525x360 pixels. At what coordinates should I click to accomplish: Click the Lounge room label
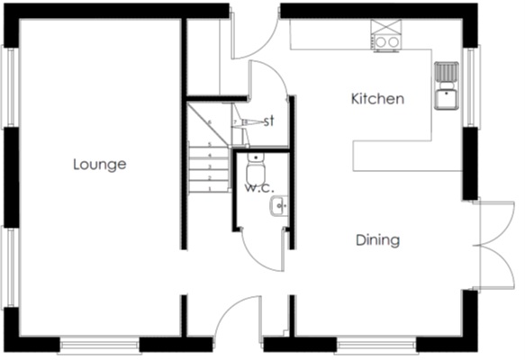pos(99,165)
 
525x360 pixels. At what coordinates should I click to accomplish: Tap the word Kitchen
pos(376,99)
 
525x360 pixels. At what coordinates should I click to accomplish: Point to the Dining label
pos(377,240)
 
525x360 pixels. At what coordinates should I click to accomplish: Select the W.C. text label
pos(258,188)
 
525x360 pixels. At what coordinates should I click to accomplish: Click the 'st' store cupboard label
pos(268,121)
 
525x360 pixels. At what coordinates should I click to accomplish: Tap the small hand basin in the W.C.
pos(278,208)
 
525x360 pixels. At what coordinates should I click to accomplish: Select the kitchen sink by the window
pos(447,85)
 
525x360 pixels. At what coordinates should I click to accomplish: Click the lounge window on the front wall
pos(98,344)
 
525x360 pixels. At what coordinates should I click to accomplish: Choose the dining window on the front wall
pos(376,344)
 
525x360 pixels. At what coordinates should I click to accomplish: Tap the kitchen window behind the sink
pos(467,85)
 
